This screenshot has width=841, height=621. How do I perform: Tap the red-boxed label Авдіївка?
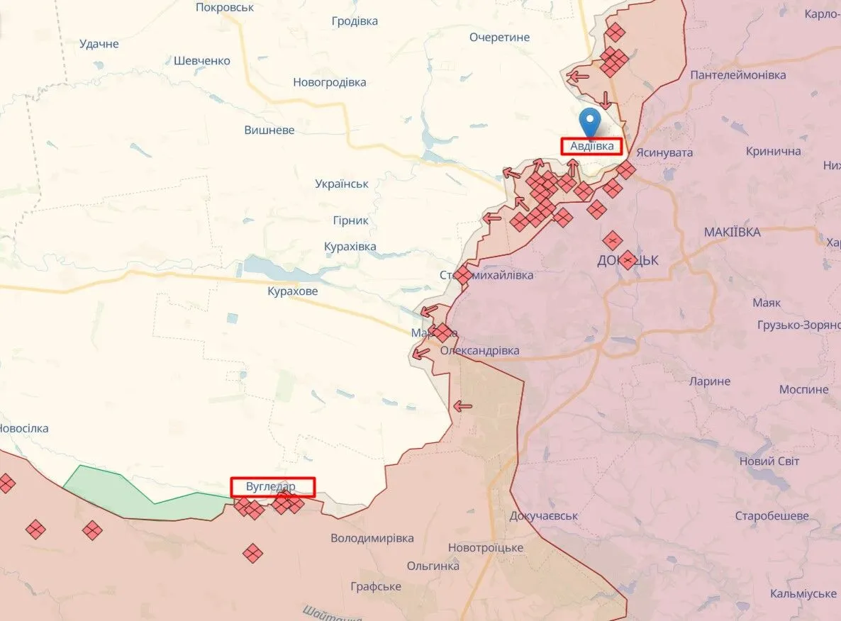[x=591, y=146]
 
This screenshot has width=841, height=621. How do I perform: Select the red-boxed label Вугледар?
[x=272, y=487]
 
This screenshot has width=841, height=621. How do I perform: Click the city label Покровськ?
[x=224, y=7]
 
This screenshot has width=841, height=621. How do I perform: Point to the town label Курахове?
[x=293, y=291]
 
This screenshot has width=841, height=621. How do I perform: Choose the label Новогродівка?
[x=330, y=82]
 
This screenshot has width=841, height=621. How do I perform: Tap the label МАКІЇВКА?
[x=733, y=232]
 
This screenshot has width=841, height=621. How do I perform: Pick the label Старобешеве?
[x=772, y=515]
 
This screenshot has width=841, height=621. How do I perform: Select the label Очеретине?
[x=499, y=37]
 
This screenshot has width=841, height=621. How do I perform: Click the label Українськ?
[x=342, y=184]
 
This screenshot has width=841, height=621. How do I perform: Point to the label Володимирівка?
[x=372, y=538]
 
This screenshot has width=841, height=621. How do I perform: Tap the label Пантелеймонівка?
[x=737, y=74]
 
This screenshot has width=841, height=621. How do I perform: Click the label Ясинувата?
[x=664, y=152]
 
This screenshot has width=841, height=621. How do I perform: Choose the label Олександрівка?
[x=479, y=351]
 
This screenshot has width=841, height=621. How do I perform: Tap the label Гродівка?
[x=355, y=21]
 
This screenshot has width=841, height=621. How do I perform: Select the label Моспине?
[x=803, y=390]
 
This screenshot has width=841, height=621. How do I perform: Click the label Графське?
[x=376, y=586]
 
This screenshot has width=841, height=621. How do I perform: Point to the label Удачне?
[x=99, y=44]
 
